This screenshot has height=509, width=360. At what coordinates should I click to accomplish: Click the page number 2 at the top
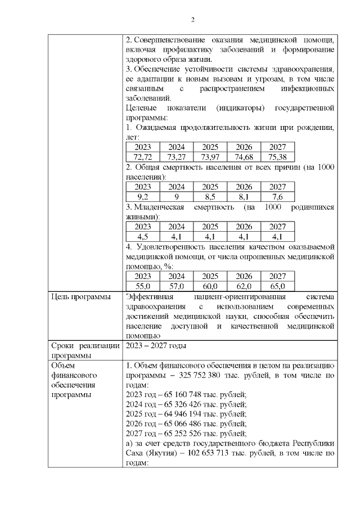point(192,21)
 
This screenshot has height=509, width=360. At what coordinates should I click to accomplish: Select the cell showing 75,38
point(278,156)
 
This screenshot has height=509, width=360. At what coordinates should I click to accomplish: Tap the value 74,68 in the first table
point(244,156)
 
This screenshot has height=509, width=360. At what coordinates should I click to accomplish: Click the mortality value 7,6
point(278,197)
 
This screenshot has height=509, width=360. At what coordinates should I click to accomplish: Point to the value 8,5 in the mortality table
point(210,197)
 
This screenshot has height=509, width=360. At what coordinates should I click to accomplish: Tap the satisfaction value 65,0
point(278,286)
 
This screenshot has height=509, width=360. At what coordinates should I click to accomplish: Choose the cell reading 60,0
point(210,286)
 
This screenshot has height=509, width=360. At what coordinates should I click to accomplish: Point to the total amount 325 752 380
point(211,375)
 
